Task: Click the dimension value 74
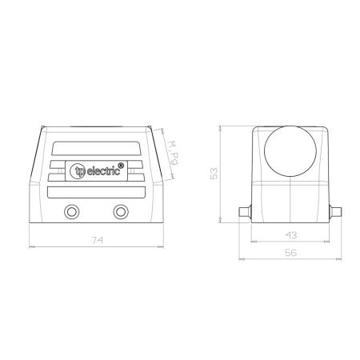97,240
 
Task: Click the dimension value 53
214,174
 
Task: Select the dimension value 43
291,235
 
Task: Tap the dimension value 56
290,252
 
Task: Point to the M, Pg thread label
173,153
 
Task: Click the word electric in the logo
103,171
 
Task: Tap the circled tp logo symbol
78,171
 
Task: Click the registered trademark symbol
121,166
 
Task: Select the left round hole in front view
71,212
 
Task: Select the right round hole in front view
121,212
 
